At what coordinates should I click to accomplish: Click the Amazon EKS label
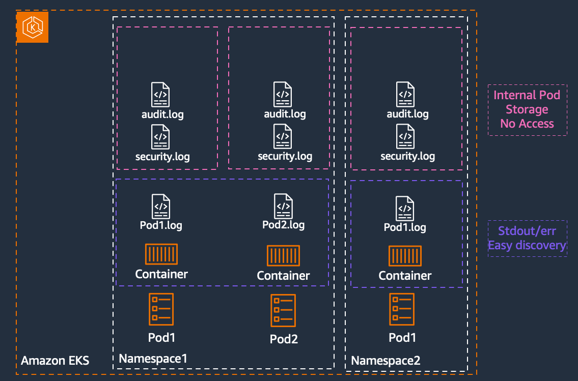55,361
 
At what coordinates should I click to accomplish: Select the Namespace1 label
153,359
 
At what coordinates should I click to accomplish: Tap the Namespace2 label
386,361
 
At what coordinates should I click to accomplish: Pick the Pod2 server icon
283,310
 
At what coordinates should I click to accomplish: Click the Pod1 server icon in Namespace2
402,309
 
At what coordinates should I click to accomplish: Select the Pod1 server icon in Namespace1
161,309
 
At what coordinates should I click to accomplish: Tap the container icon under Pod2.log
283,255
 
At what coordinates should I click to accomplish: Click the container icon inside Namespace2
405,255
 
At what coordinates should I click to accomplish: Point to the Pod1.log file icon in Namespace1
161,206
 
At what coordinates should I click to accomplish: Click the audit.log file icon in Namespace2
406,95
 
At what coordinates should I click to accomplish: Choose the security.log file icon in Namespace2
406,136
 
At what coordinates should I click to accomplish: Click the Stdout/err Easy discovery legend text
527,238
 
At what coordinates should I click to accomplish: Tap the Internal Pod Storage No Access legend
527,109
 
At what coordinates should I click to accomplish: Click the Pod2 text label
284,339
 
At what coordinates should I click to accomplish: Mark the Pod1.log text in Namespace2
405,227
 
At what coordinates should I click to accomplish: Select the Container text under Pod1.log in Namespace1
161,274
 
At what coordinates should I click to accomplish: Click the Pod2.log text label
283,224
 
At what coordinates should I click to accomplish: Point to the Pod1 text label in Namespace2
402,338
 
